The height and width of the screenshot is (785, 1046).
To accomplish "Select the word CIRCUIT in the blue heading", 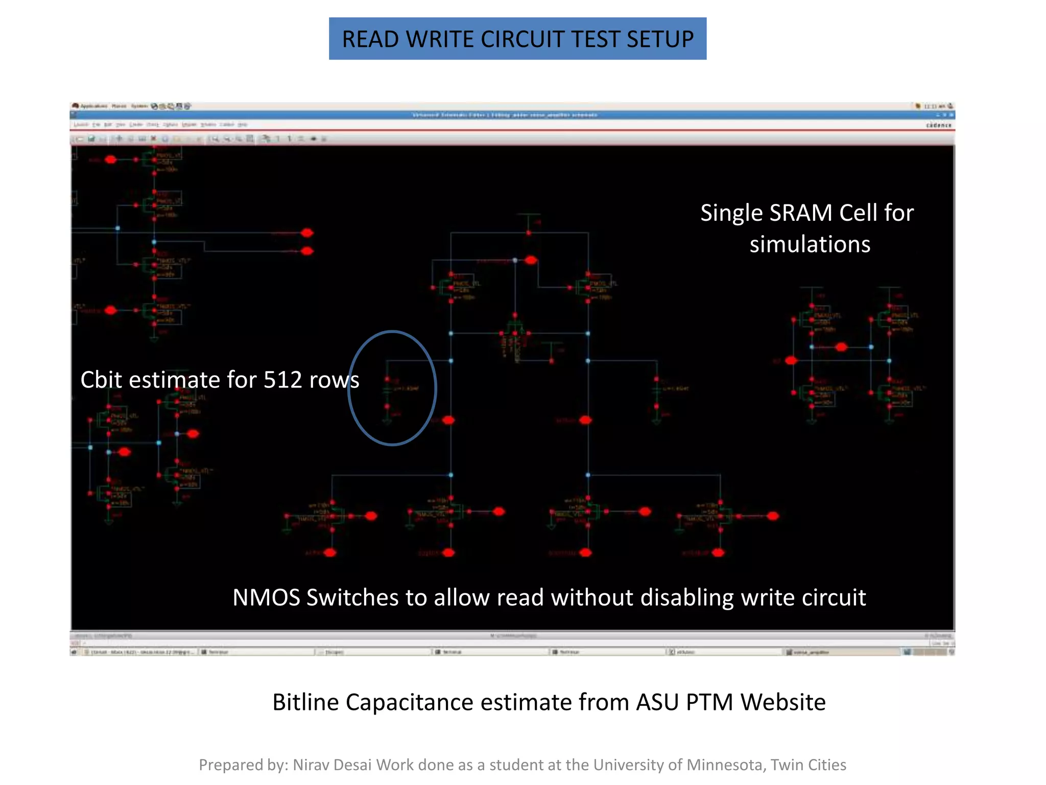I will click(x=522, y=39).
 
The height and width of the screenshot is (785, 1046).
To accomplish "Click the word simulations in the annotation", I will click(x=810, y=244).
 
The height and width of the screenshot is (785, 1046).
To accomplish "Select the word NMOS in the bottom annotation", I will click(x=266, y=597).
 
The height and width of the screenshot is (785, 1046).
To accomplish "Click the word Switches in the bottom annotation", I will click(x=352, y=597).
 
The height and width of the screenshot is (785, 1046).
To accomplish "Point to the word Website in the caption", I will click(x=783, y=702).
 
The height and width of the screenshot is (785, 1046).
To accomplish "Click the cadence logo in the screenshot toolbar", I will click(x=939, y=125).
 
